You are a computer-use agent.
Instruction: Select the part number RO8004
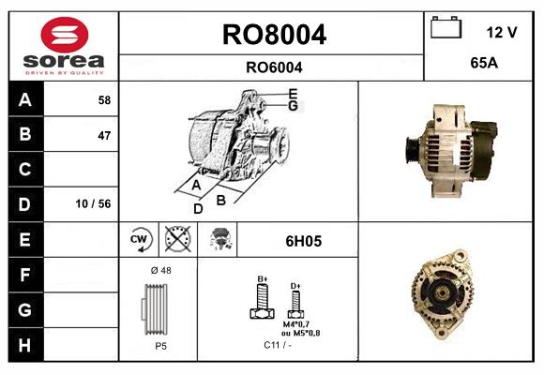[x=273, y=35]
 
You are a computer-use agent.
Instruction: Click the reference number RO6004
[x=273, y=67]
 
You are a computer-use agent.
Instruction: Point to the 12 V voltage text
[x=502, y=33]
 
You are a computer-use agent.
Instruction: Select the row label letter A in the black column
[x=24, y=99]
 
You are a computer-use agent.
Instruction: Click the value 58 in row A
[x=103, y=99]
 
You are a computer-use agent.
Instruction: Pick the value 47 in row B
[x=103, y=135]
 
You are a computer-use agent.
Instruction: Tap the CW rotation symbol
[x=140, y=240]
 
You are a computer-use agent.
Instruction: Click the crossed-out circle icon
[x=175, y=240]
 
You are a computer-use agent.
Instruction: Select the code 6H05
[x=303, y=241]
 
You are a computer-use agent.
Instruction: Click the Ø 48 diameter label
[x=159, y=270]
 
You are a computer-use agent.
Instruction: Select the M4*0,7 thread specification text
[x=295, y=323]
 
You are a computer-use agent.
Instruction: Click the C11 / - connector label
[x=277, y=345]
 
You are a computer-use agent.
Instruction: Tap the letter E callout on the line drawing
[x=293, y=94]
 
